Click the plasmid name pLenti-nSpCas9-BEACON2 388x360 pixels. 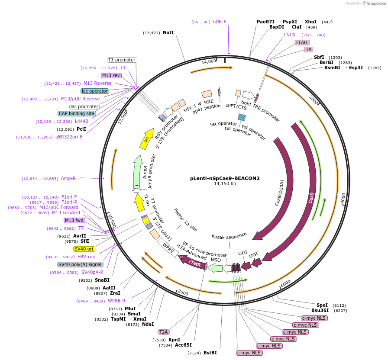tap(225, 178)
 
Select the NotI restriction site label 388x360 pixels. tap(168, 32)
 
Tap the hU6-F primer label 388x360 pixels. tap(220, 22)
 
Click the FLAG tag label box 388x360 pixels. tap(302, 42)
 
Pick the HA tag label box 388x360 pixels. tap(308, 49)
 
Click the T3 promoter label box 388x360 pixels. tap(122, 60)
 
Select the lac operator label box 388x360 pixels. tap(95, 91)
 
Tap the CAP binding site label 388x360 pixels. tap(76, 113)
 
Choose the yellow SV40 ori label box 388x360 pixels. tap(84, 249)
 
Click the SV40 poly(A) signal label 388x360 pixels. tap(80, 264)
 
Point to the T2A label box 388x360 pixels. tap(163, 332)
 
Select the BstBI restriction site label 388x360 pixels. tap(210, 353)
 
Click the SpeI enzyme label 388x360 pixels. tap(322, 305)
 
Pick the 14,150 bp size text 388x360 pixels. tap(225, 184)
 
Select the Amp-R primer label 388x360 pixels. tap(68, 178)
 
